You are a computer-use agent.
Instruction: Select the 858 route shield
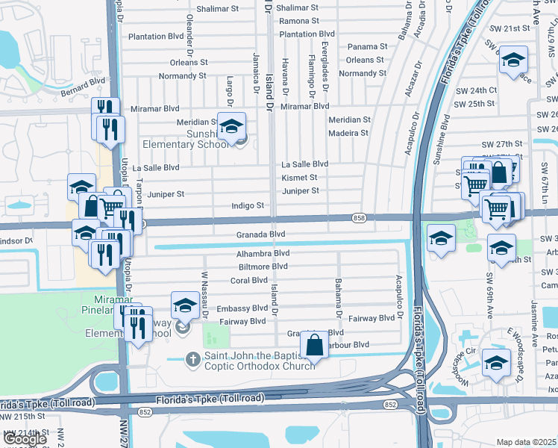(360, 217)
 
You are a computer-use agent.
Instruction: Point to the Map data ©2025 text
(527, 442)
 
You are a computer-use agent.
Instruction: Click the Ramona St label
(298, 21)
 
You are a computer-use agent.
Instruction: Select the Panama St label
(367, 46)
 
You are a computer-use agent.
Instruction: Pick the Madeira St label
(348, 133)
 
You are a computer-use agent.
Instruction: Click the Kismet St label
(299, 178)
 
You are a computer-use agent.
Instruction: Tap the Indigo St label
(248, 205)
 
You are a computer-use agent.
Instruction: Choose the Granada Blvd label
(261, 234)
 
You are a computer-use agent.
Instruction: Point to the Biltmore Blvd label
(263, 267)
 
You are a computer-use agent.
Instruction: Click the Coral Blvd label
(248, 281)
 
